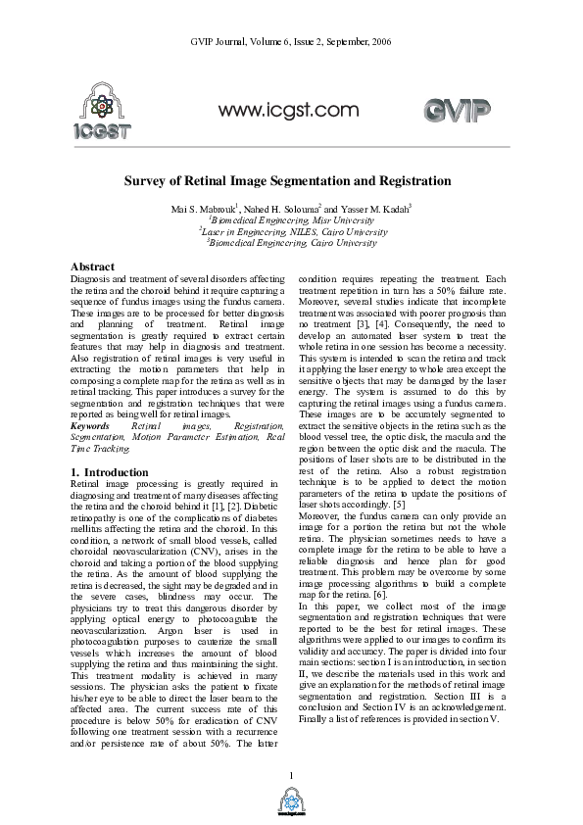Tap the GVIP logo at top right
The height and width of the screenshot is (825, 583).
click(x=457, y=110)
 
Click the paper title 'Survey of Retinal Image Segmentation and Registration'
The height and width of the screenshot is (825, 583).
click(x=291, y=181)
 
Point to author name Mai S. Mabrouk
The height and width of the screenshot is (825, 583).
click(x=205, y=210)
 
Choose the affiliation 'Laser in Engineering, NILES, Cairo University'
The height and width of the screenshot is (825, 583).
click(x=291, y=232)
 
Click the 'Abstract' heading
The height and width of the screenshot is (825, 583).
click(x=93, y=267)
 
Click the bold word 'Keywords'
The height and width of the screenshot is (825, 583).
click(x=90, y=427)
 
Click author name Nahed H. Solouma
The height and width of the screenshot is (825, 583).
click(x=287, y=210)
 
